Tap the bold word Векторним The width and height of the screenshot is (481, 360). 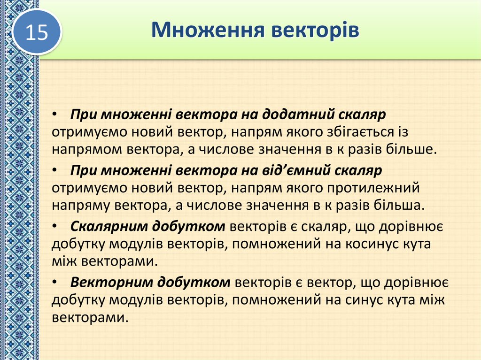[x=109, y=282]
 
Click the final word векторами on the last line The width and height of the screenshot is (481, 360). [x=89, y=317]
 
